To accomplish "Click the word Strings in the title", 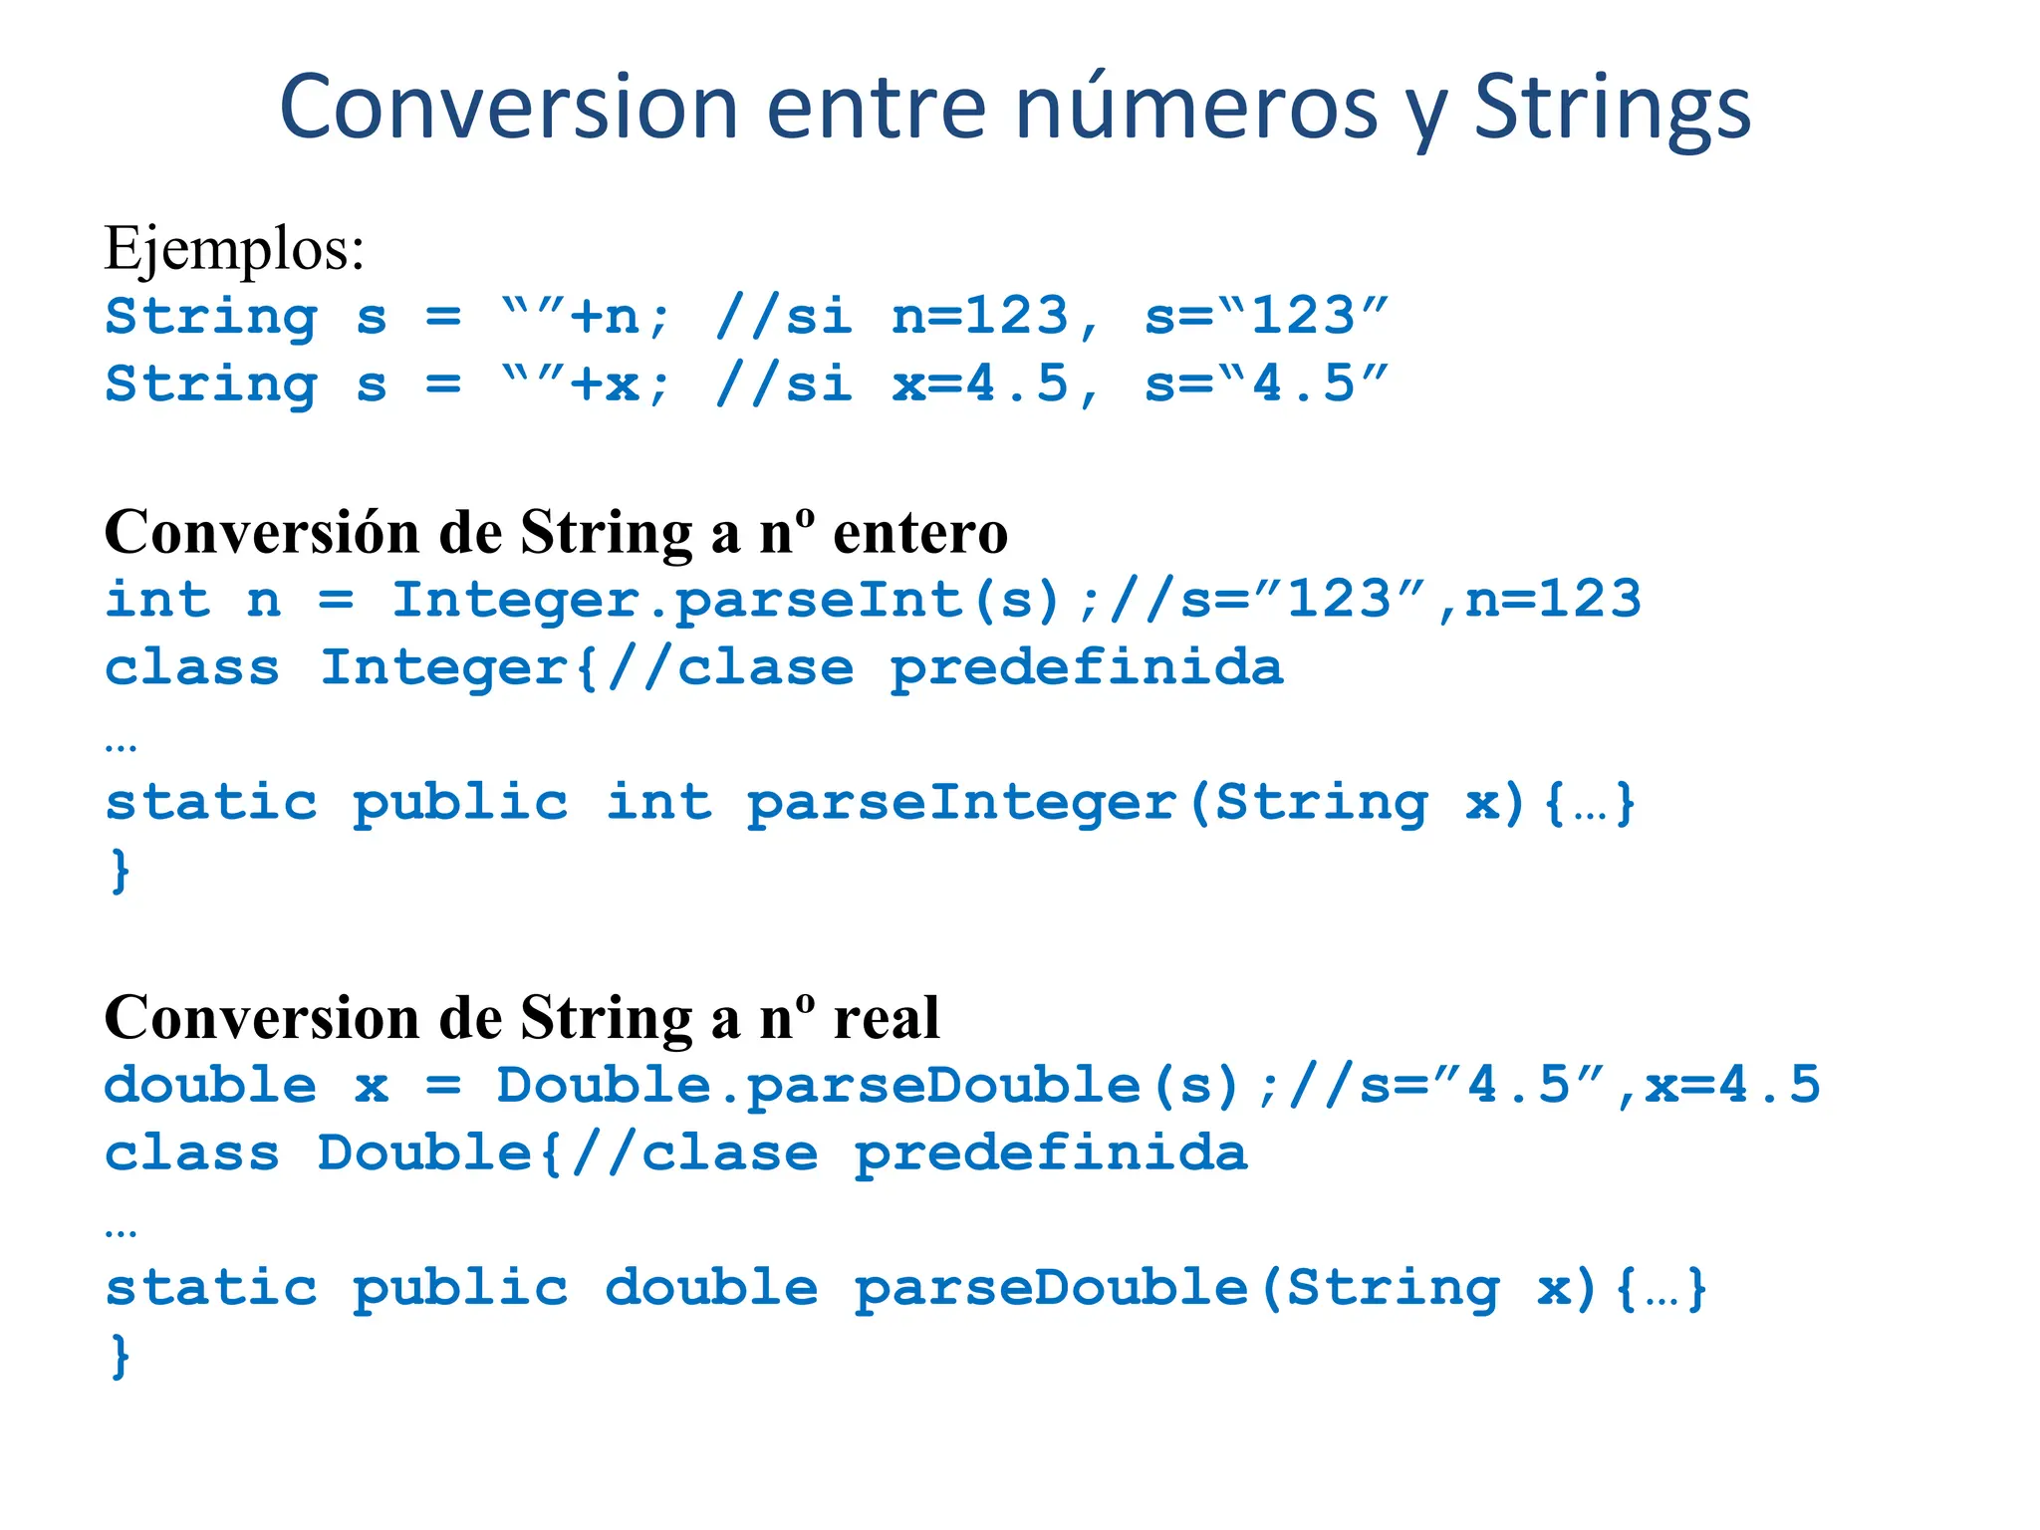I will point(1611,108).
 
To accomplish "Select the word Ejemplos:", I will point(234,248).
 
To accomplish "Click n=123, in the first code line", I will point(997,317).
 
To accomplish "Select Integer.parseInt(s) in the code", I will point(726,601).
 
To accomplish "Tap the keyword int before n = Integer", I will point(157,600).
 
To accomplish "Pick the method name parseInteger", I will point(962,803).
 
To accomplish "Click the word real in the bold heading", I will point(886,1018).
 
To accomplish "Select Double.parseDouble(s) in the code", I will point(868,1086).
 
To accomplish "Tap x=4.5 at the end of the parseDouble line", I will point(1732,1085).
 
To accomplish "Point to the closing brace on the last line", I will point(120,1357).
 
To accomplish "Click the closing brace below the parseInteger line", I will point(120,871).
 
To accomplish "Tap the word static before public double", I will point(211,1288).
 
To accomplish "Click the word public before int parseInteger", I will point(460,803).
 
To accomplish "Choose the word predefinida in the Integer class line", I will point(1087,667).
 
